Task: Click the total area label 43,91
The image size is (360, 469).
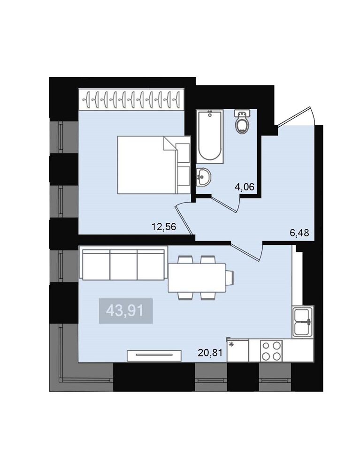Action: [x=125, y=311]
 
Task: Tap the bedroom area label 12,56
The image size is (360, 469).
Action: [x=164, y=227]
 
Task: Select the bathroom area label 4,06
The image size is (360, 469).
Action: [x=245, y=187]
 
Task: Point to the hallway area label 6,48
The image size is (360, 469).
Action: [x=299, y=233]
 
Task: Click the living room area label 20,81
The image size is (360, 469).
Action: [x=210, y=353]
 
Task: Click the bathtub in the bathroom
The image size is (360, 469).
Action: [x=210, y=136]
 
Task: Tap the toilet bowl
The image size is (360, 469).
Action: [x=242, y=122]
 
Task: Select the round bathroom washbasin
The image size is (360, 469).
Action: [x=204, y=177]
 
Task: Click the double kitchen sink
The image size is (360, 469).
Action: [x=303, y=322]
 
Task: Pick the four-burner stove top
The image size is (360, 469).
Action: [x=271, y=351]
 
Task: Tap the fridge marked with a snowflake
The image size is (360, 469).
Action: [x=238, y=350]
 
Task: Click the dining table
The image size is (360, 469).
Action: [x=197, y=278]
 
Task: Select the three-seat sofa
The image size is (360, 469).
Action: [x=123, y=263]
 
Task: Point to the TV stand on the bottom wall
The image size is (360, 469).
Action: [x=154, y=356]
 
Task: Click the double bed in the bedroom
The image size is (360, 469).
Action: [x=154, y=165]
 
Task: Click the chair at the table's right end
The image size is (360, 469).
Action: [x=230, y=278]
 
